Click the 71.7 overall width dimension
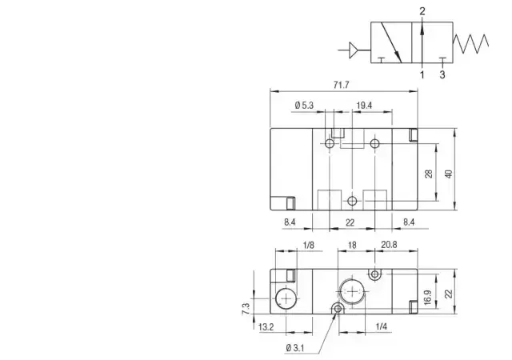pos(342,85)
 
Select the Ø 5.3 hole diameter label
pos(304,106)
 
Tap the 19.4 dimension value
pos(364,106)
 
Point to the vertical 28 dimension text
pos(429,174)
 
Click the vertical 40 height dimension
pos(449,174)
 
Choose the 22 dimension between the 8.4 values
pos(350,222)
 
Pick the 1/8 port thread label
pos(309,245)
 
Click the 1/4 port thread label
pos(381,326)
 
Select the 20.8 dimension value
pos(389,245)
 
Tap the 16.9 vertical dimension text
pos(428,298)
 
